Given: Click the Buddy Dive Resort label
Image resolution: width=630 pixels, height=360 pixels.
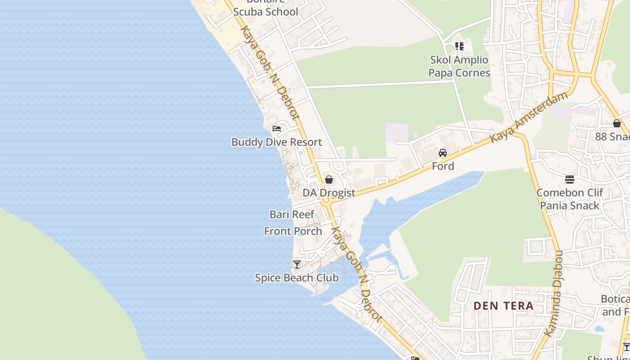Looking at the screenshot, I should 276,142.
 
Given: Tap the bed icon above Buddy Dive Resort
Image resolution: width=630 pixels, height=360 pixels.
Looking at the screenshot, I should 277,129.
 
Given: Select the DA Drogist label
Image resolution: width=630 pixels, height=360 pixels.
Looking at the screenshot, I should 328,193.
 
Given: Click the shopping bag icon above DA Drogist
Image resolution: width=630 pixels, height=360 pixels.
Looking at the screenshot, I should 329,180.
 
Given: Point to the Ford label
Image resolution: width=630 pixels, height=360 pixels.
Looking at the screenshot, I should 443,166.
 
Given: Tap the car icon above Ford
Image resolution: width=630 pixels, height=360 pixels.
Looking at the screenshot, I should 443,153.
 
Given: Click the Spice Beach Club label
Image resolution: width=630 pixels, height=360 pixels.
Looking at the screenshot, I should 297,278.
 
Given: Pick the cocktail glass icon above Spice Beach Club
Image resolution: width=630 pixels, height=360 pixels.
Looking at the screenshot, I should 297,264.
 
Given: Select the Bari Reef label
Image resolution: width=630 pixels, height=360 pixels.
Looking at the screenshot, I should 292,214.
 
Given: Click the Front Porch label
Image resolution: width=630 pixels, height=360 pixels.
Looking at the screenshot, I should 293,231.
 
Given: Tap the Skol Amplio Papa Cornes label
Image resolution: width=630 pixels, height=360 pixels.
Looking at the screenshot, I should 459,66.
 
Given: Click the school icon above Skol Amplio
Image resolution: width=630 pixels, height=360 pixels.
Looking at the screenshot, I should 459,46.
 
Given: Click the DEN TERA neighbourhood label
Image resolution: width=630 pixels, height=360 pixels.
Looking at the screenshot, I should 503,306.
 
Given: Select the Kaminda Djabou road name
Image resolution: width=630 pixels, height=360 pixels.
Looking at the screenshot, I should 553,292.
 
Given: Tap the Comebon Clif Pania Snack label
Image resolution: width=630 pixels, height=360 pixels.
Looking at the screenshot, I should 569,199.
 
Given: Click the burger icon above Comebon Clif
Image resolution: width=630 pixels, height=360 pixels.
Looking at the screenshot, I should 570,180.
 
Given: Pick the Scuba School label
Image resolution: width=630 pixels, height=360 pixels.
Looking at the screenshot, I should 265,12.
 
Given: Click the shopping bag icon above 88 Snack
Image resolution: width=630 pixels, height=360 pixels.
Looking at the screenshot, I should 617,123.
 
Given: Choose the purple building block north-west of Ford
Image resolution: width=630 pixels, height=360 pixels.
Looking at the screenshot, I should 396,132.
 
